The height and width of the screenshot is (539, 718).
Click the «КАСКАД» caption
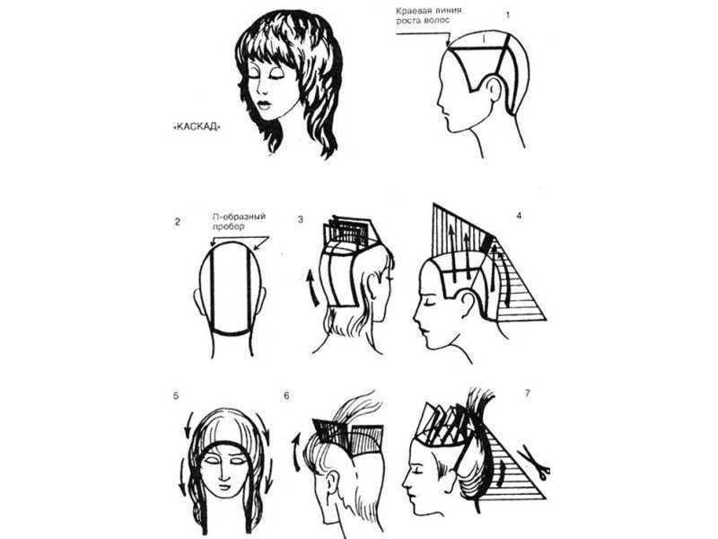coord(197,127)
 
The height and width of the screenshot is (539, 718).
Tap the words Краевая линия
coord(429,11)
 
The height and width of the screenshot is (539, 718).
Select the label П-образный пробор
coord(239,221)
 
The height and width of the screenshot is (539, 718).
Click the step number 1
coord(507,15)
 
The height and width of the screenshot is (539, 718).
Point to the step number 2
coord(177,222)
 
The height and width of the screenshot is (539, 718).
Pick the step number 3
coord(301,219)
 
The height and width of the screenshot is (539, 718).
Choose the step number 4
coord(519,216)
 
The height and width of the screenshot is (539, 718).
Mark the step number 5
coord(176,395)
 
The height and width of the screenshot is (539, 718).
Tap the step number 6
coord(286,395)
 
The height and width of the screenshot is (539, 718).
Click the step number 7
coord(528,393)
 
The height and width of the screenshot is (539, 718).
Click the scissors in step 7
coord(534,463)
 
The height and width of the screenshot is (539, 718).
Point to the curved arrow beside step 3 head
coord(312,287)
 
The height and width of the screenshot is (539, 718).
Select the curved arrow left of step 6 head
coord(296,453)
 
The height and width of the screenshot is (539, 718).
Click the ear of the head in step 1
coord(493,89)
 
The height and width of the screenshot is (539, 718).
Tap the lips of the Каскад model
coord(264,104)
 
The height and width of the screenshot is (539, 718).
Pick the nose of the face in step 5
coord(223,473)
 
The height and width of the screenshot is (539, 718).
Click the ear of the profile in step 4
coord(467,304)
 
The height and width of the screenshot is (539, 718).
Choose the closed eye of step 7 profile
coord(416,472)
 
